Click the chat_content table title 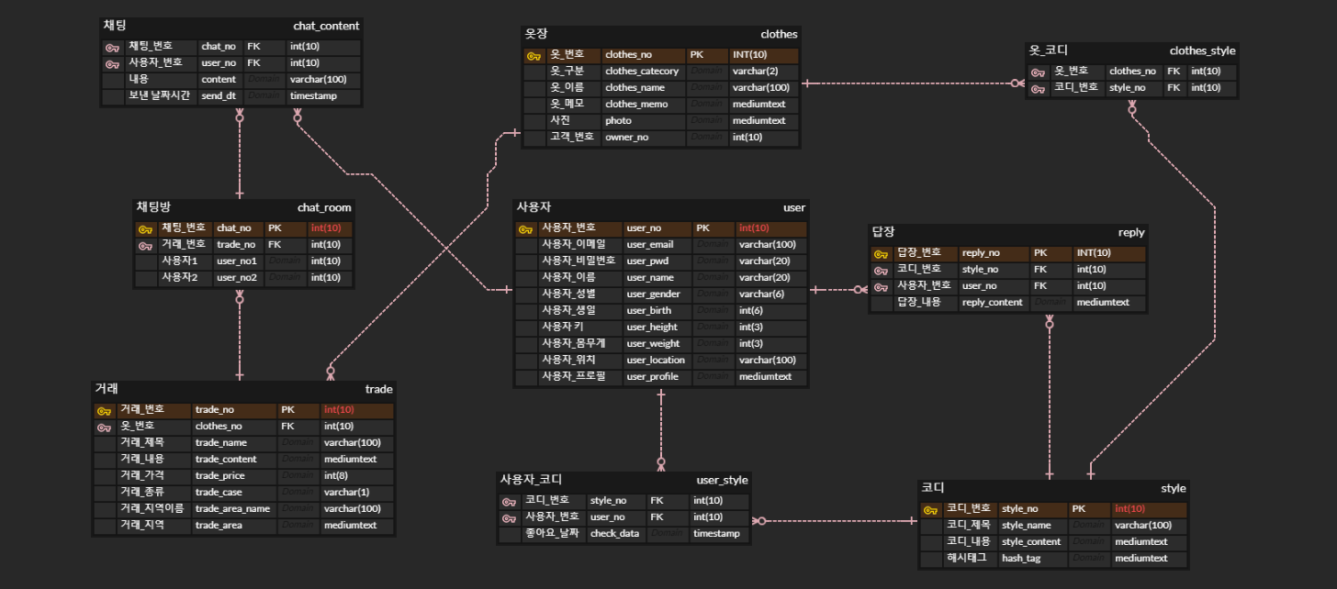[x=326, y=25]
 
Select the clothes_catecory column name [x=642, y=72]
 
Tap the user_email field [x=649, y=245]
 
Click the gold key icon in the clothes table [x=534, y=56]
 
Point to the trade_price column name [x=219, y=476]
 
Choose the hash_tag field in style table [x=1020, y=559]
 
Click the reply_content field [x=992, y=303]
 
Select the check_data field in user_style [x=614, y=534]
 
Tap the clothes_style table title [x=1202, y=50]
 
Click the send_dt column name [x=218, y=96]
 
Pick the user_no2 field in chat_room [x=236, y=278]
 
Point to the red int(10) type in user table [x=754, y=228]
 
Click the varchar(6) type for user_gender [x=761, y=294]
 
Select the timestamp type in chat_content [x=313, y=96]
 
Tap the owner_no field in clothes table [x=626, y=138]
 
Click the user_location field [x=656, y=361]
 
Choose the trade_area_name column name [x=232, y=509]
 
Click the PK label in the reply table [x=1040, y=253]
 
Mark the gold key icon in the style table [x=930, y=509]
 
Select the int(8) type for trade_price [x=336, y=476]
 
